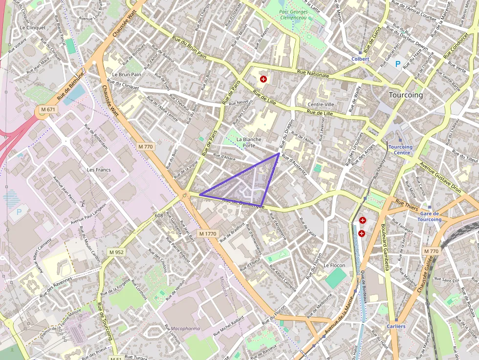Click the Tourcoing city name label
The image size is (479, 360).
406,95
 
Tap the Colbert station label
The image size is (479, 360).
360,59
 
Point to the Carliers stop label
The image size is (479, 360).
396,326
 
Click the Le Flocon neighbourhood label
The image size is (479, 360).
334,265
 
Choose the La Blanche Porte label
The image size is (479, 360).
249,142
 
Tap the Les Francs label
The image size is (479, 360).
99,170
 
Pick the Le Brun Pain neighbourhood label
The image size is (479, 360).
127,75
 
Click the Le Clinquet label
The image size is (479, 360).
33,28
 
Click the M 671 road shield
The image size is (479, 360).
48,110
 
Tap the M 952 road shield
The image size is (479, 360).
116,252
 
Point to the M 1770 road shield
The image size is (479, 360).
208,234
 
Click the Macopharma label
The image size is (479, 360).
185,329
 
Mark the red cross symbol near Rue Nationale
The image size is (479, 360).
263,79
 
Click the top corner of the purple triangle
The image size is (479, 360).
279,153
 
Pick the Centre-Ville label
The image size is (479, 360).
321,105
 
